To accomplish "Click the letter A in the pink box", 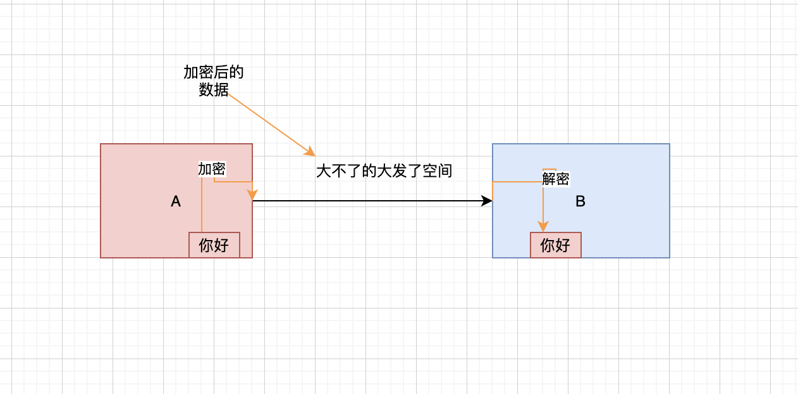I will pos(176,201).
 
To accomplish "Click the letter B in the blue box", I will pos(580,201).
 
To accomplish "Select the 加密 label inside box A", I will pos(212,169).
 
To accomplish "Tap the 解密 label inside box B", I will pos(556,179).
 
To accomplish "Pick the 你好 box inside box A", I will pos(214,245).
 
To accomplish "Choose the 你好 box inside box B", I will pos(556,245).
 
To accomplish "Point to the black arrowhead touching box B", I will pos(487,201).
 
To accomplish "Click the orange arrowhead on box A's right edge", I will pos(252,194).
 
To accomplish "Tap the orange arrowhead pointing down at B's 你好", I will pos(543,226).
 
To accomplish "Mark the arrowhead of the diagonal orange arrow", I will pos(310,151).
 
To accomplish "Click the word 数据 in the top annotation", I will pos(214,89).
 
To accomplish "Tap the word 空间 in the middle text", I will pos(438,170).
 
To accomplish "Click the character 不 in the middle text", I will pos(338,170).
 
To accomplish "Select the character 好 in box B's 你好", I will pos(563,245).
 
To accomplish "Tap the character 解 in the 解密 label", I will pos(549,179).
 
